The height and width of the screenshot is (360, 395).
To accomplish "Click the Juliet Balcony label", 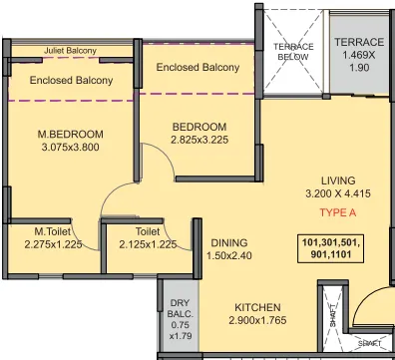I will click(70, 51).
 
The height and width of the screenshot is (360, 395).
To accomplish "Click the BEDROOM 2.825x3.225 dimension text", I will click(199, 143).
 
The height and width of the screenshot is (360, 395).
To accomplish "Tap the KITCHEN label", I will click(258, 307).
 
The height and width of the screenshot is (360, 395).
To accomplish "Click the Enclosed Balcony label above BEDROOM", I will click(198, 67).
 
